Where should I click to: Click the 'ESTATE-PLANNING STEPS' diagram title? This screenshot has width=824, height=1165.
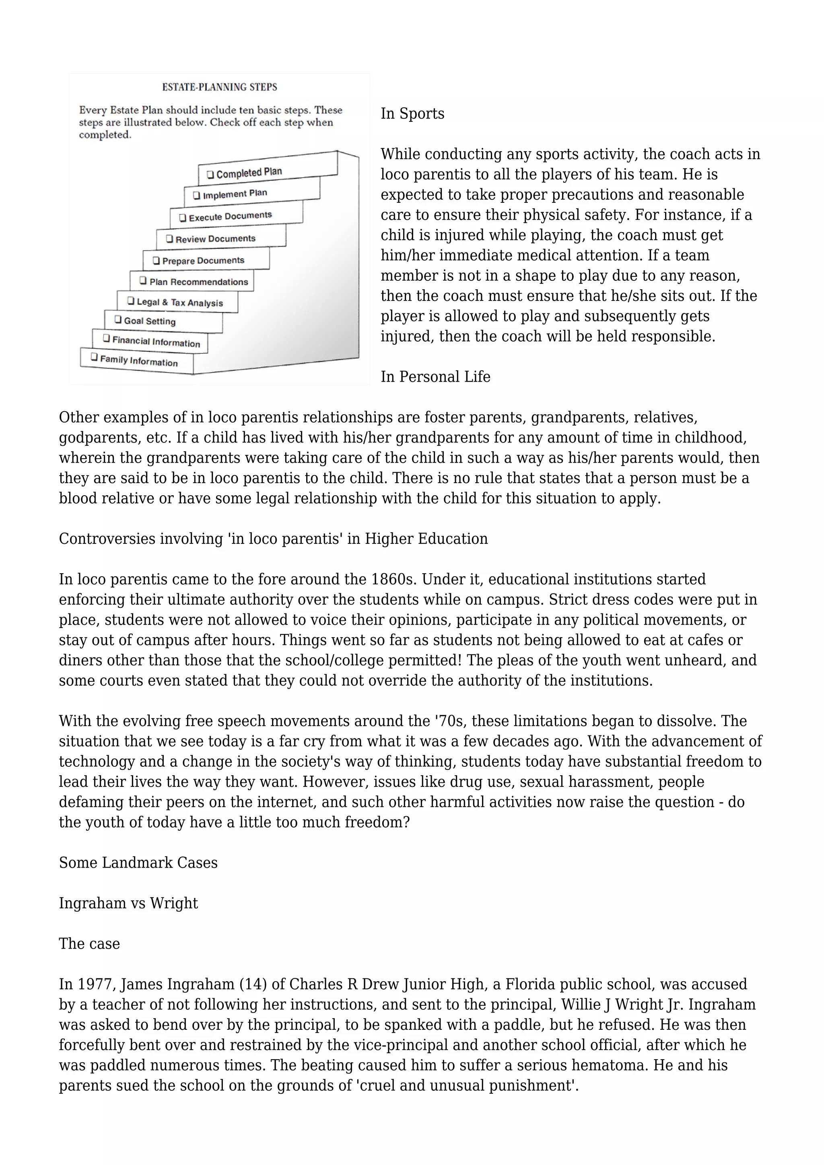(x=219, y=87)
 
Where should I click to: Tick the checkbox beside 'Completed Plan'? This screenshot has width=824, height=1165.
(x=210, y=175)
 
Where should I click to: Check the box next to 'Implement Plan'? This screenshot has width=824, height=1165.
(x=196, y=196)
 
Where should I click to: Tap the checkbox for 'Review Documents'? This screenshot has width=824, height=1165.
(x=169, y=239)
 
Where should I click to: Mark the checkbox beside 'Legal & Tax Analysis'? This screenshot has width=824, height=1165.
(x=130, y=301)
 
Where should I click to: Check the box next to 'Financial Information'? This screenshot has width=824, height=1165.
(x=106, y=338)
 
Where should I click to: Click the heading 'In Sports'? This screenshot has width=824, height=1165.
(x=412, y=114)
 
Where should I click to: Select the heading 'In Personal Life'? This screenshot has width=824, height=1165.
(x=435, y=377)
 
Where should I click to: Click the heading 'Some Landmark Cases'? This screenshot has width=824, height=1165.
(x=138, y=862)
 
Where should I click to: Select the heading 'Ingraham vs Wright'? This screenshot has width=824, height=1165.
(x=128, y=903)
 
